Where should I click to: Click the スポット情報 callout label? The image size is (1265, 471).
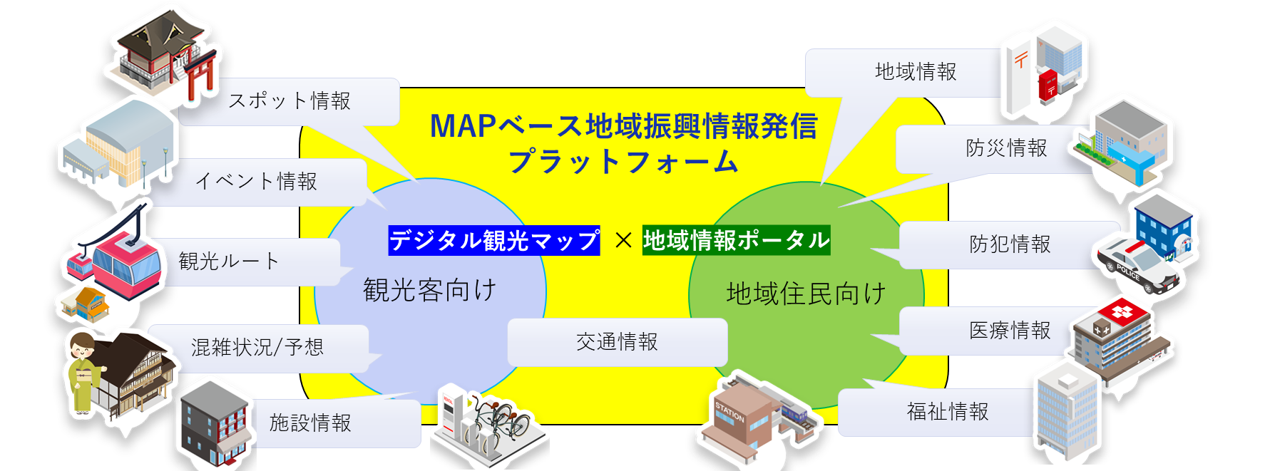coord(290,101)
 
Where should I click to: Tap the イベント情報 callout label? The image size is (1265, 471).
coord(257,182)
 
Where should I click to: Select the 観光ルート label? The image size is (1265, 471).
coord(228,262)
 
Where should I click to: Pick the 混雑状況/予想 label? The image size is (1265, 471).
coord(257,348)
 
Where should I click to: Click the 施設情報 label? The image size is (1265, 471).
coord(311,423)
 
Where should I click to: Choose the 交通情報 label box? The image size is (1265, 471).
coord(618,342)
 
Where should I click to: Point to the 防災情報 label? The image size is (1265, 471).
coord(1006,148)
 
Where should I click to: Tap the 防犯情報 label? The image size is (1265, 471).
coord(1010,244)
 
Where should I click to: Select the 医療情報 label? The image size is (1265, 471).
coord(1010,331)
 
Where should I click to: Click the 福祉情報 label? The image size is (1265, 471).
coord(948,412)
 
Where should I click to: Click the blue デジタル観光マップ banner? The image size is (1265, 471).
coord(494,241)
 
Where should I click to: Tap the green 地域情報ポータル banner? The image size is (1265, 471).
coord(737,240)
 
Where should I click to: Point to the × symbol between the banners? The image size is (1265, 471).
coord(623,241)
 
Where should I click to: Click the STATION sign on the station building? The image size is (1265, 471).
coord(729,411)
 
